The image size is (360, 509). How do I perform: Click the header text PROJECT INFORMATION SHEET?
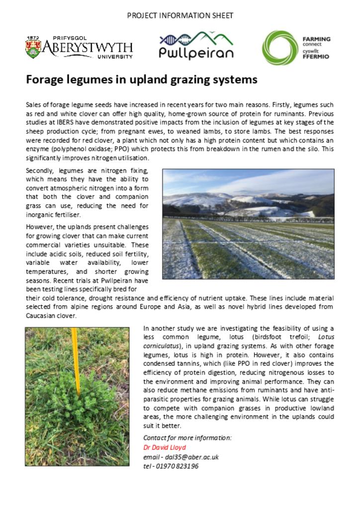180,15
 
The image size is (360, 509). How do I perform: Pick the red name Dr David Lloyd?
164,447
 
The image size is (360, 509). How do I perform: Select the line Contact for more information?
187,438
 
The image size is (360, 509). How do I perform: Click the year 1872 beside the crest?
33,37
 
